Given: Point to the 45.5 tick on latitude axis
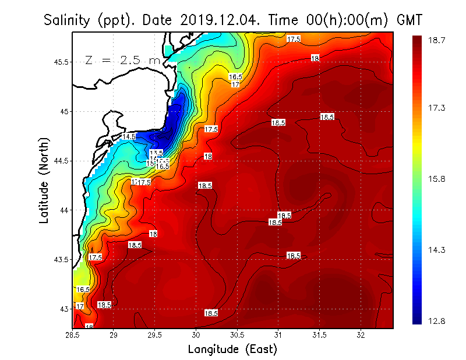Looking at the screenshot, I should [x=62, y=62].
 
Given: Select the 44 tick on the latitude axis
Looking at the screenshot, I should [x=65, y=210].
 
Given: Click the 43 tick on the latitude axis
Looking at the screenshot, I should [x=65, y=308].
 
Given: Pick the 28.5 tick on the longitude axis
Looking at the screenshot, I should [x=73, y=336].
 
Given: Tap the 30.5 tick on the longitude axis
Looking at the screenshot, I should [x=237, y=336].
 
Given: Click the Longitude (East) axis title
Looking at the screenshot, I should [x=232, y=350].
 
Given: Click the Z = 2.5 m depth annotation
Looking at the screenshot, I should [x=122, y=61].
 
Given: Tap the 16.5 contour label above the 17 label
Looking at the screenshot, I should [x=235, y=77].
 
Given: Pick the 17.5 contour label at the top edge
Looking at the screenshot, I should [x=294, y=39].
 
